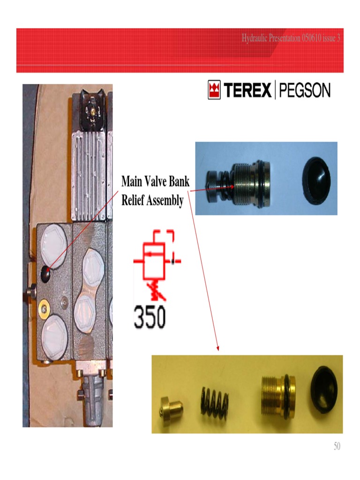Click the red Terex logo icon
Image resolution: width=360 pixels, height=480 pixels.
point(214,90)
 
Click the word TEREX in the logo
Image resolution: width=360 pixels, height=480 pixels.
point(247,90)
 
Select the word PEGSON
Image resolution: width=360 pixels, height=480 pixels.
point(305,90)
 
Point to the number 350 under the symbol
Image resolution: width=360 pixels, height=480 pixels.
point(150,318)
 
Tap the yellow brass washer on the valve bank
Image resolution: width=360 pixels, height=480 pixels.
point(45,308)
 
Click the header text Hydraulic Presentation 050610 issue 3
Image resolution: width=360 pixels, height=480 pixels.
point(291,38)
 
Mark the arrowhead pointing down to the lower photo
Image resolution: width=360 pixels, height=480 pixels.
point(217,348)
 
